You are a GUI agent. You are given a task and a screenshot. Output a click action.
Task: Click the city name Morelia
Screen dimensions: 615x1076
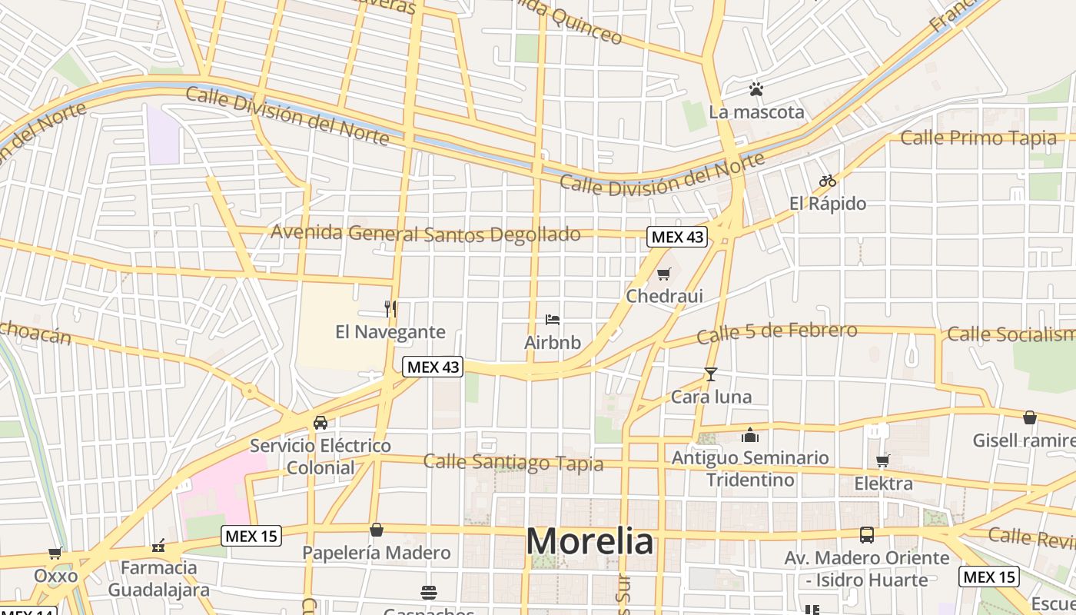coord(589,541)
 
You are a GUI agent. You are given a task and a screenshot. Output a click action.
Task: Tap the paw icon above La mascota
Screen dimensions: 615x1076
coord(756,89)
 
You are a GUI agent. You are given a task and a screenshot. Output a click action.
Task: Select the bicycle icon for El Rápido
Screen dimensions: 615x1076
coord(828,181)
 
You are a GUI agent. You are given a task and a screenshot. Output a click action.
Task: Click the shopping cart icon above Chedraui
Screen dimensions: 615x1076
coord(664,274)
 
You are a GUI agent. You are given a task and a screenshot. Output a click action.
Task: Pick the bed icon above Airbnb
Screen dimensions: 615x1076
coord(552,320)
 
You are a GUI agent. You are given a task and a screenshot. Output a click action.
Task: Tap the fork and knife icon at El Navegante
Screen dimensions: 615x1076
coord(390,309)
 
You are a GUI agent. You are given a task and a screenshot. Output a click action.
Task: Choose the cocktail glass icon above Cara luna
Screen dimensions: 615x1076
coord(711,374)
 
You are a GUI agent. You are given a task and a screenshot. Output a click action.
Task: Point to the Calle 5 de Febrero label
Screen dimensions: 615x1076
coord(776,333)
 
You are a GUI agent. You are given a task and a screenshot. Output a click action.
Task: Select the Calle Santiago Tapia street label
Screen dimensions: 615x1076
coord(513,462)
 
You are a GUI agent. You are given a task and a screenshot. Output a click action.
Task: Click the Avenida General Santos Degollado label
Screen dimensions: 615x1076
coord(425,233)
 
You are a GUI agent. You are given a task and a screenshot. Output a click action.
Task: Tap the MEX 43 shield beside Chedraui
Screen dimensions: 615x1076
coord(676,237)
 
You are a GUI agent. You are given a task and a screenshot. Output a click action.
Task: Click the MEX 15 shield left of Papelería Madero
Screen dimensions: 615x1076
coord(251,536)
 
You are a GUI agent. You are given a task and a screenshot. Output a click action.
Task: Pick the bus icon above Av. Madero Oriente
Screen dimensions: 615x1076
coord(867,535)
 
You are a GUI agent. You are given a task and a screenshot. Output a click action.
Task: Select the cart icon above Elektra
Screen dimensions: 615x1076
coord(883,460)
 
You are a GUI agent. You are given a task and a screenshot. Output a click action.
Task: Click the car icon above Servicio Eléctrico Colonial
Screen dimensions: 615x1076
coord(320,422)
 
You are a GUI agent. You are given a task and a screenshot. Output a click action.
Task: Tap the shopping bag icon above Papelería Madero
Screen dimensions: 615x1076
coord(377,530)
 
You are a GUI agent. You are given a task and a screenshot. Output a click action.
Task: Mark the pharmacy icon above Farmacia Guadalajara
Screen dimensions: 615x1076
coord(159,546)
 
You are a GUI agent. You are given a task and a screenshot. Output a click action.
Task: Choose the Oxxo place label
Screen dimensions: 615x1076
coord(55,576)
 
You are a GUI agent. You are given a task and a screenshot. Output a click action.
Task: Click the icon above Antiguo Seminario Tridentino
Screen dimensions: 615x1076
coord(750,436)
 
